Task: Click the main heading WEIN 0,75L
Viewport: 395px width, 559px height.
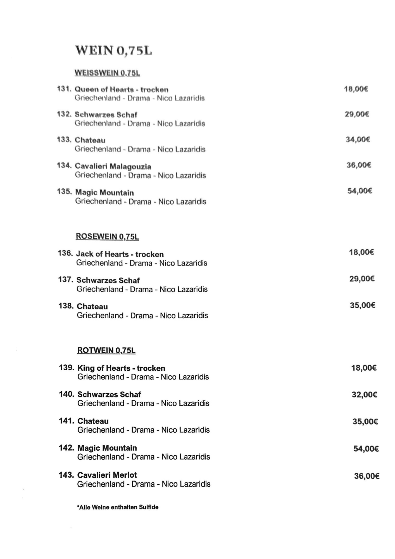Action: click(114, 51)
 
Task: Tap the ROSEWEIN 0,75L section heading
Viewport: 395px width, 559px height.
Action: click(107, 236)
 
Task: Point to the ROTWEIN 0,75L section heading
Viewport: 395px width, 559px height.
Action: click(106, 350)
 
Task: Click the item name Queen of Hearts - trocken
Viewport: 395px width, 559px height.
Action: click(122, 89)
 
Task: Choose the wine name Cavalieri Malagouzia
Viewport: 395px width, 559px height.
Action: click(113, 167)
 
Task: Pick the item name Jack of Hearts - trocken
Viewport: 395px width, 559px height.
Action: click(120, 254)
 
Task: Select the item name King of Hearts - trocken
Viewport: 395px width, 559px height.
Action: click(121, 368)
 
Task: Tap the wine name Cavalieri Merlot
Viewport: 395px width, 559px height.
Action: click(107, 475)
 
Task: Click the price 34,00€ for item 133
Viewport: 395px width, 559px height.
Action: click(358, 139)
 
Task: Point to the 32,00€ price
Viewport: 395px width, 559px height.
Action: click(364, 394)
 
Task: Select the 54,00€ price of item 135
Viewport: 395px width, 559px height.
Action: click(360, 191)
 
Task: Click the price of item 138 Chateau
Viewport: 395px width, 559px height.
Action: click(362, 305)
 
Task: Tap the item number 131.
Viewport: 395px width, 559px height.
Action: click(64, 89)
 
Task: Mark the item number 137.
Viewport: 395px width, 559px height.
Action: click(66, 279)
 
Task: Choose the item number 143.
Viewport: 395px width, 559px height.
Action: click(66, 475)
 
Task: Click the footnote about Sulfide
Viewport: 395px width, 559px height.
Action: click(118, 507)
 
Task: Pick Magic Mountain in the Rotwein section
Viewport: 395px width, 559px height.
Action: click(107, 448)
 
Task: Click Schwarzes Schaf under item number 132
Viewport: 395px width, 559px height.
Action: click(106, 115)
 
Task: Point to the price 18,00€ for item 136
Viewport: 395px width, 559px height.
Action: click(361, 252)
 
